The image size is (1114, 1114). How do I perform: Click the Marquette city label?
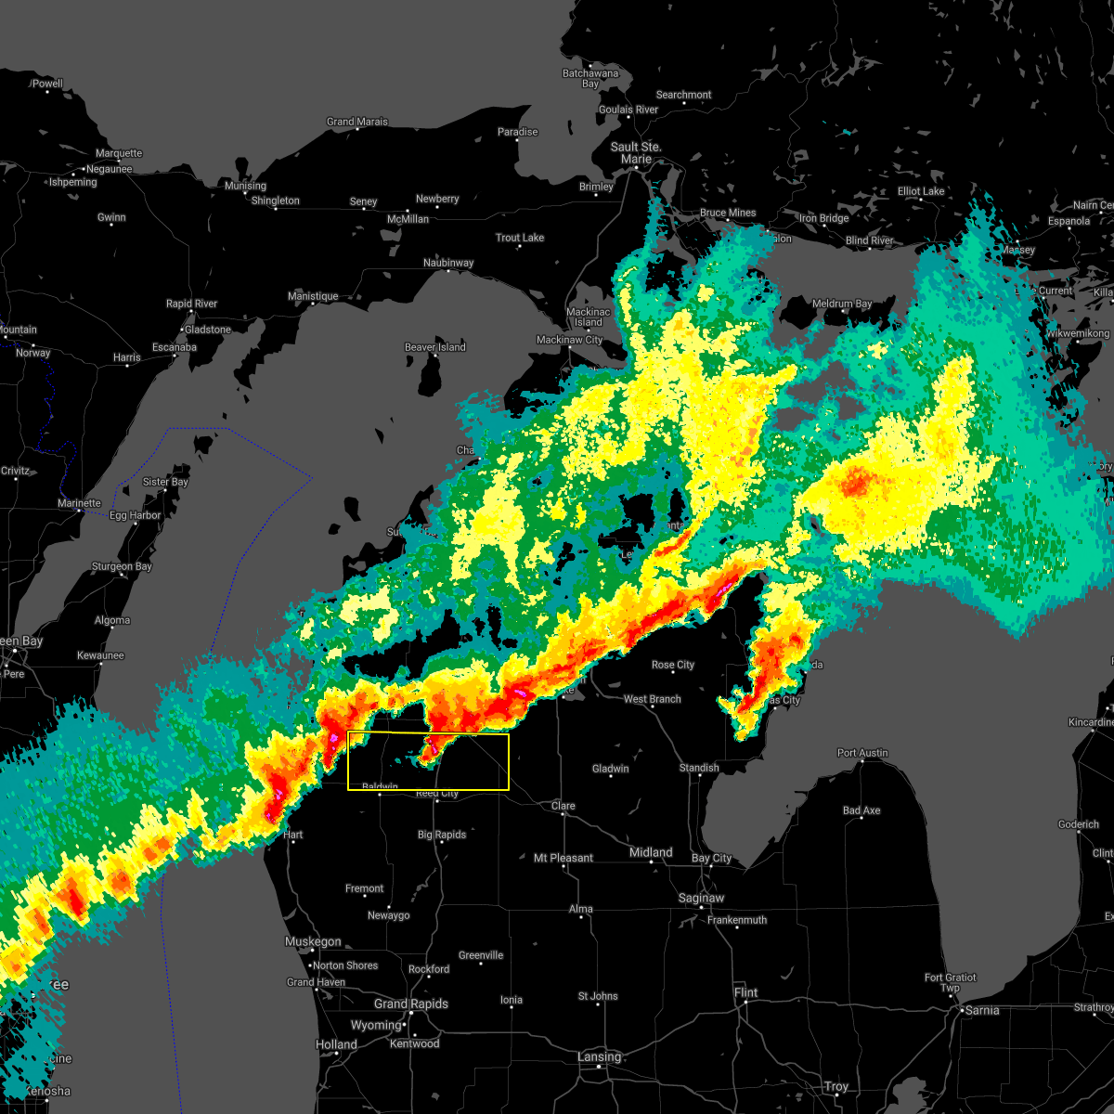(119, 153)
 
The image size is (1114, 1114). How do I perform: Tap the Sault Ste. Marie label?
(636, 152)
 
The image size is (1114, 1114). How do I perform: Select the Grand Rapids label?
(410, 1004)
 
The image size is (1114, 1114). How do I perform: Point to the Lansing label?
(599, 1056)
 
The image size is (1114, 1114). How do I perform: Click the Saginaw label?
(701, 898)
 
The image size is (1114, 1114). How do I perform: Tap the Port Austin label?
(862, 753)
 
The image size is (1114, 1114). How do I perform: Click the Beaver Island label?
(434, 347)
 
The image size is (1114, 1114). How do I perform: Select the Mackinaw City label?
(569, 340)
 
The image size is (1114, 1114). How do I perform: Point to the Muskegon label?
(313, 941)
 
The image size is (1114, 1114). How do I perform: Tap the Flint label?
(745, 992)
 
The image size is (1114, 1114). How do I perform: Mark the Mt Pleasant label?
(563, 858)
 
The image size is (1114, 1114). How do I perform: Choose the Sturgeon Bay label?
(122, 566)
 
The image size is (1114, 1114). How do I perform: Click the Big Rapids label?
(442, 835)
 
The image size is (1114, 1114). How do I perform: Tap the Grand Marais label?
(357, 122)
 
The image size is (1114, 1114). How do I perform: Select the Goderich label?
(1079, 824)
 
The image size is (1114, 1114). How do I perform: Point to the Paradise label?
(517, 132)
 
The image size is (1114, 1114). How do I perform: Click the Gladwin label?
(610, 768)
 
